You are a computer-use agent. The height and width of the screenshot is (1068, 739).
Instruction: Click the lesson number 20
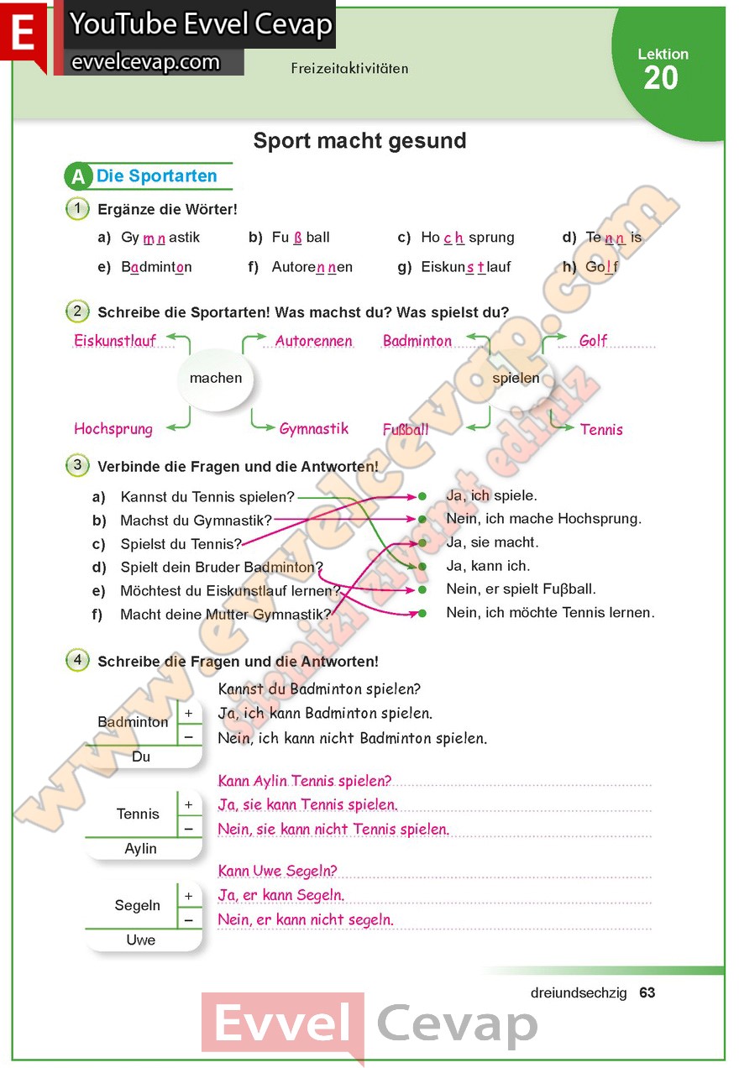click(x=661, y=78)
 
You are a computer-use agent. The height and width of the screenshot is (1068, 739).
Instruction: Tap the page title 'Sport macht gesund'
click(x=359, y=141)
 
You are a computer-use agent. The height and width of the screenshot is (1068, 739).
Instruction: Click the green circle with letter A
click(x=78, y=177)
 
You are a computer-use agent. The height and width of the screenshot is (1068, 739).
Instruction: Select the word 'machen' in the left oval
click(x=216, y=379)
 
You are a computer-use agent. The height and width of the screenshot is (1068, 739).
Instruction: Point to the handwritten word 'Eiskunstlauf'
click(x=115, y=341)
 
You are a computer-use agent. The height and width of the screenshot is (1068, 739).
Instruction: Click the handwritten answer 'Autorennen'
click(x=314, y=341)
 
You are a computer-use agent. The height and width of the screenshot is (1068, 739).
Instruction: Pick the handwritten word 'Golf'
click(x=593, y=341)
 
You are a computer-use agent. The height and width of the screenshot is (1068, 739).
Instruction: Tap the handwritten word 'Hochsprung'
click(x=113, y=429)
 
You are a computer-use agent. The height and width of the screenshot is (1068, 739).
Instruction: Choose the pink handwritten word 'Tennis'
click(x=601, y=429)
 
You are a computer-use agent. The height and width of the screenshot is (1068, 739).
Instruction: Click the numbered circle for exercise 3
click(x=77, y=465)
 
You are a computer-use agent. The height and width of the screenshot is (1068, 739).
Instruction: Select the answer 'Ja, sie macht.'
click(x=492, y=542)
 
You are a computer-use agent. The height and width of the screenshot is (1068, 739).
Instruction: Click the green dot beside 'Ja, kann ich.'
click(x=422, y=567)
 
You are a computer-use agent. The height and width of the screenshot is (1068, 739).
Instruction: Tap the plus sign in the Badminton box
click(x=189, y=713)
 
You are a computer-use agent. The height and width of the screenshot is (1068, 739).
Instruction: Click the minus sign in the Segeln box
click(x=189, y=920)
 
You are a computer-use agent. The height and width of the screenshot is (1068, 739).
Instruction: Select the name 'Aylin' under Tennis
click(x=141, y=849)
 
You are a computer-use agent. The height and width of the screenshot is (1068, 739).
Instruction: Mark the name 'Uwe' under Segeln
click(x=141, y=940)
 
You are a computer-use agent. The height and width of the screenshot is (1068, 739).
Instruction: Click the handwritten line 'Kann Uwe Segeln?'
click(x=277, y=871)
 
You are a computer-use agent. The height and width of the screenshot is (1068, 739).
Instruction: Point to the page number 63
click(x=647, y=992)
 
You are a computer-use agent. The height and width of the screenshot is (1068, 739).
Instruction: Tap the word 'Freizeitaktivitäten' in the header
click(x=349, y=68)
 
